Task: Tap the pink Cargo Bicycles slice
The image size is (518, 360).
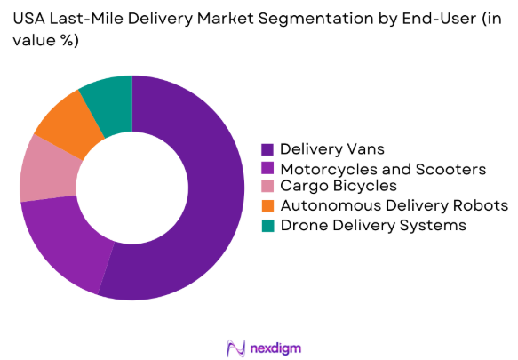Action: (x=46, y=169)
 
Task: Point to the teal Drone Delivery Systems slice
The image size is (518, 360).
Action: (x=108, y=99)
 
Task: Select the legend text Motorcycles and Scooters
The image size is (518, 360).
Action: (x=381, y=168)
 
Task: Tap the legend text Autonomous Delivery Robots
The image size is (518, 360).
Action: (x=394, y=206)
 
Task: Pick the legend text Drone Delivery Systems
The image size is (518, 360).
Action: (x=372, y=225)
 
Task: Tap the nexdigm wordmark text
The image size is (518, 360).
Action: (x=276, y=346)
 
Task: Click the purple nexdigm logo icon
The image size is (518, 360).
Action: (x=235, y=346)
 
